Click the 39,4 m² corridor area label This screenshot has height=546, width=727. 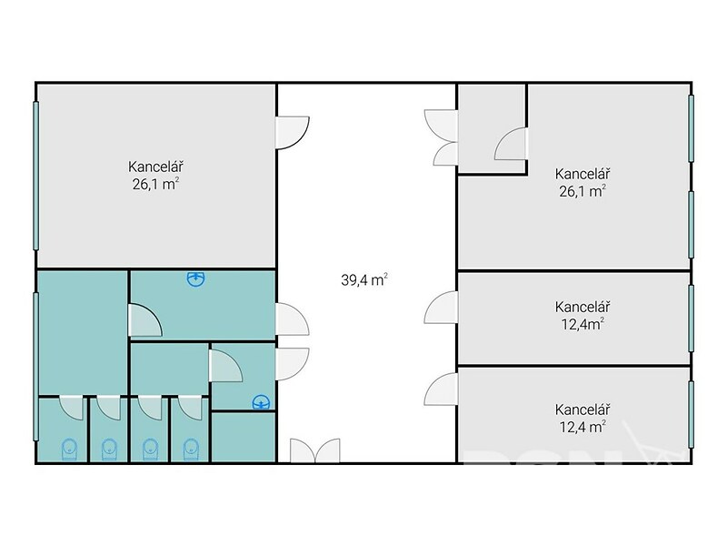coord(364,279)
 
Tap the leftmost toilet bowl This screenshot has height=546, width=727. coord(69,449)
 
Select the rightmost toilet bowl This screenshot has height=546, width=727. coord(191,449)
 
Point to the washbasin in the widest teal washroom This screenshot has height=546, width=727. coord(196,278)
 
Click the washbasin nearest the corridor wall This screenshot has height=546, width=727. coord(261,402)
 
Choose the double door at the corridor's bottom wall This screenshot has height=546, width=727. coord(315,450)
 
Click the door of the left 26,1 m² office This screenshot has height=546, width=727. coord(292,133)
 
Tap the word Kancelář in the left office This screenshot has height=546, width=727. coord(155,167)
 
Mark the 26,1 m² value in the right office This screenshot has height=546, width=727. coord(583,191)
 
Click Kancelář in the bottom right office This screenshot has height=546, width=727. coord(583,409)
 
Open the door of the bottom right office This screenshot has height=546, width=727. coord(441,389)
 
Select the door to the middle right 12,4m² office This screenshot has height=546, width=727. coord(441,308)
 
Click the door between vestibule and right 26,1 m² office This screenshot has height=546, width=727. coord(511,144)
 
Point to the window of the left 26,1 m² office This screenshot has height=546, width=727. coord(35,176)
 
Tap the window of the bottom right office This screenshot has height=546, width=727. coord(691,414)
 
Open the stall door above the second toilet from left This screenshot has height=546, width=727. coord(108,408)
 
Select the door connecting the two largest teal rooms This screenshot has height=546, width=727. coord(144,320)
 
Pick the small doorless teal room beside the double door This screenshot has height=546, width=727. coord(244,437)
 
